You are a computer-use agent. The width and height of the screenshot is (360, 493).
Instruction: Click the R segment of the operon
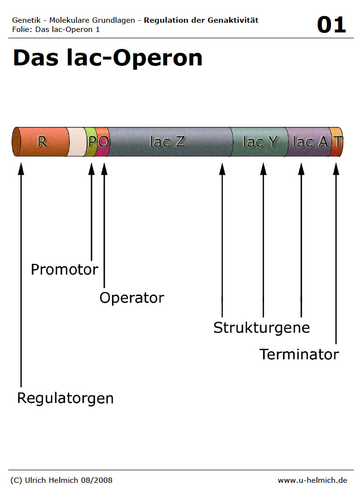point(41,142)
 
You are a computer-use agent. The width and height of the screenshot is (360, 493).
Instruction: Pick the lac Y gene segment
point(259,142)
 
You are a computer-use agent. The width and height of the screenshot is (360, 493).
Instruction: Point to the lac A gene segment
point(308,142)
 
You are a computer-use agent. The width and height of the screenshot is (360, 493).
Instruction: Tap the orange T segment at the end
point(336,142)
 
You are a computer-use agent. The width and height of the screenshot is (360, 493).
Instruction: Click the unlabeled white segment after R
point(76,142)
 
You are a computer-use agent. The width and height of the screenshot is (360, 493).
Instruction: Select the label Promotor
point(64,270)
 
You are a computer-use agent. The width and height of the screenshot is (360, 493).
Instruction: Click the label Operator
point(132,298)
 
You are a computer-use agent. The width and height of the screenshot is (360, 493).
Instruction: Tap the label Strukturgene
point(262,328)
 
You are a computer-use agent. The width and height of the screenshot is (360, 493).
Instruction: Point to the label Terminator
point(299,354)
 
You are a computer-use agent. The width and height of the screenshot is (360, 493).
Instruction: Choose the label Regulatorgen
point(65,399)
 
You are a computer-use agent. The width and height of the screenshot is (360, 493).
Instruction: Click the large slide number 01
point(331,25)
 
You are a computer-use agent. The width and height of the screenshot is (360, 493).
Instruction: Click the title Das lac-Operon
point(108,58)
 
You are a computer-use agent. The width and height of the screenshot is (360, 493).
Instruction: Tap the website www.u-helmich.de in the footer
point(313,480)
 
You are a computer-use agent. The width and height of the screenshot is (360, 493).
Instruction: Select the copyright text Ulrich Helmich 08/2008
point(69,480)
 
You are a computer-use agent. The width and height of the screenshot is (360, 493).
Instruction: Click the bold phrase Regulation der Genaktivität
point(201,20)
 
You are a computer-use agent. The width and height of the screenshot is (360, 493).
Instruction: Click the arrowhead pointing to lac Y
point(264,169)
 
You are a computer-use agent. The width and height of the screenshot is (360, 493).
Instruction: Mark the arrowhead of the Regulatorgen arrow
point(21,169)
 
